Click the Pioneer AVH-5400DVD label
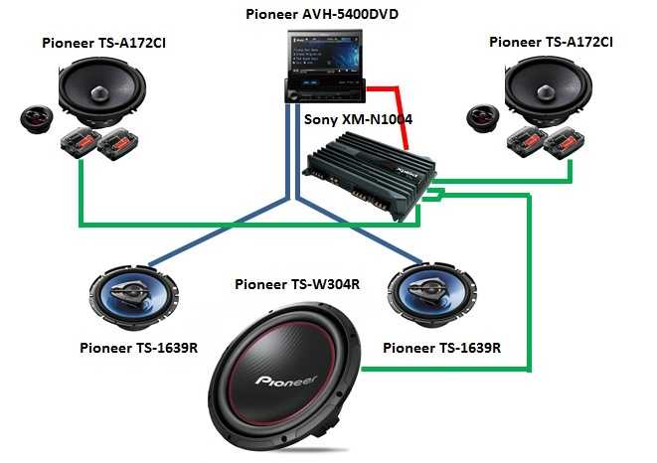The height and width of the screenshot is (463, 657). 322,14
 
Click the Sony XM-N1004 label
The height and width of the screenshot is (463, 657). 358,119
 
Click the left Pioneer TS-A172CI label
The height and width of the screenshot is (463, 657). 103,43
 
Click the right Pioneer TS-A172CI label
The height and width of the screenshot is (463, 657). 551,43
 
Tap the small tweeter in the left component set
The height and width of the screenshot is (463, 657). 37,119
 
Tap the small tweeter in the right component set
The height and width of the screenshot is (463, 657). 483,118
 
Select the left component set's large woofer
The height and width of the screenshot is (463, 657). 102,93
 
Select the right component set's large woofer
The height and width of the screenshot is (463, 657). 548,91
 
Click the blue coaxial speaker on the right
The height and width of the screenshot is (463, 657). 432,294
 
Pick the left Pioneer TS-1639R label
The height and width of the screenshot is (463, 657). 139,348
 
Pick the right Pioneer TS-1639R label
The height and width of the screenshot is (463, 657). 441,348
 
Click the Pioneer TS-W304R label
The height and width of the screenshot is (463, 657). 297,284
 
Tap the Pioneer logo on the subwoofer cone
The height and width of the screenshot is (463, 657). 286,381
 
